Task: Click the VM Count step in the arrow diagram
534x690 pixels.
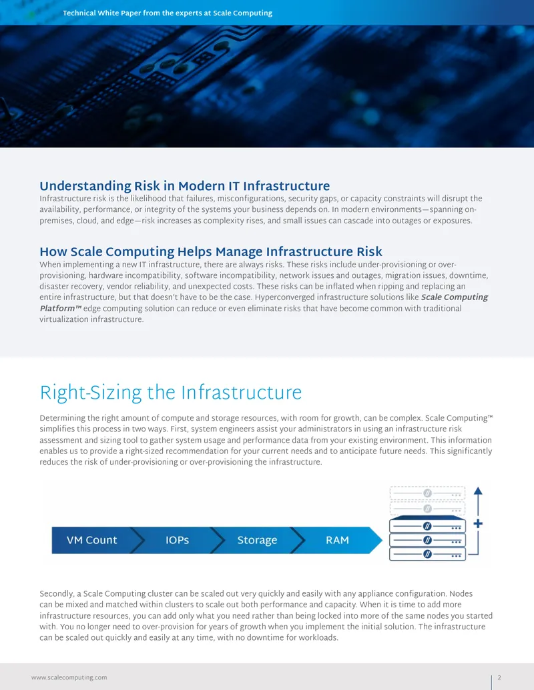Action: [x=91, y=540]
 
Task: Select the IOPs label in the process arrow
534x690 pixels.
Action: [x=177, y=540]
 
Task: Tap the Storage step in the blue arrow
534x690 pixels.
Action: [x=257, y=541]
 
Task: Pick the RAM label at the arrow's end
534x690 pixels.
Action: [x=337, y=540]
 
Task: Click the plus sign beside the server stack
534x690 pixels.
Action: [x=478, y=523]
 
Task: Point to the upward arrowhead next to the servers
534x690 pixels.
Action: [x=478, y=491]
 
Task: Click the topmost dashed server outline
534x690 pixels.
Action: [x=427, y=493]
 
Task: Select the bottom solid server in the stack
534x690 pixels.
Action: [x=427, y=554]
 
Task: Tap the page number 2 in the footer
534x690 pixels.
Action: [x=499, y=678]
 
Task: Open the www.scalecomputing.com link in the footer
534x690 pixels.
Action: [x=69, y=678]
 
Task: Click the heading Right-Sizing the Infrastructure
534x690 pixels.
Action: [x=170, y=393]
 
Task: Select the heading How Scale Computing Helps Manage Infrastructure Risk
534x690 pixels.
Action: [x=211, y=252]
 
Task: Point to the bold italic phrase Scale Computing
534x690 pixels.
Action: [x=455, y=297]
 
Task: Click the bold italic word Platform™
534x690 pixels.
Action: [x=61, y=309]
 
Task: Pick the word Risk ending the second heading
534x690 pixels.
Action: [x=369, y=251]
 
